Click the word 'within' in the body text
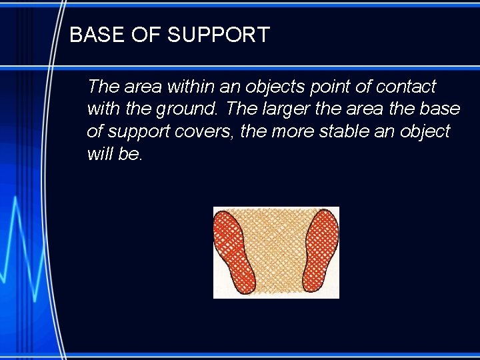click(189, 87)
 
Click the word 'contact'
click(405, 87)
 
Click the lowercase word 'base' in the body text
click(439, 109)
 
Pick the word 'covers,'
click(205, 132)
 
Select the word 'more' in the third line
click(291, 131)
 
